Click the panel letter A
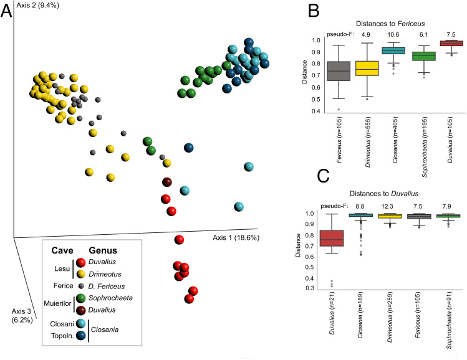[x=7, y=12]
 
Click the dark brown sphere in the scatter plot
[x=166, y=182]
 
